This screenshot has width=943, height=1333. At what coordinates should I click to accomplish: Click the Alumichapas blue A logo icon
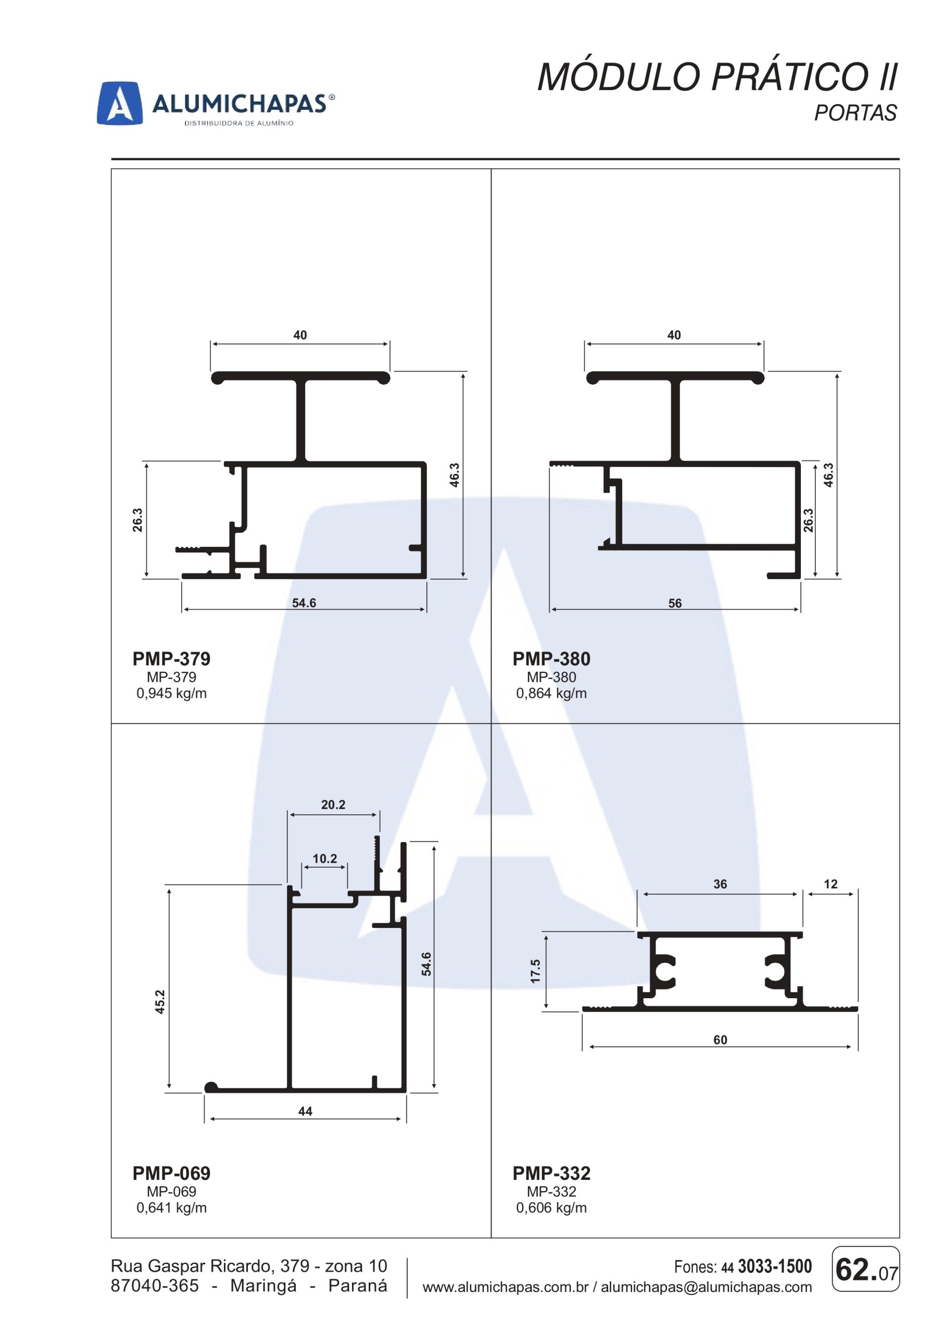tap(120, 103)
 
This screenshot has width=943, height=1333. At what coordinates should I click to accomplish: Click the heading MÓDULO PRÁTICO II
tap(718, 77)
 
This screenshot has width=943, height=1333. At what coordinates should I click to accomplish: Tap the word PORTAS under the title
tap(856, 112)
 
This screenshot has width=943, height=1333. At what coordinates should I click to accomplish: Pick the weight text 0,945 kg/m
tap(171, 693)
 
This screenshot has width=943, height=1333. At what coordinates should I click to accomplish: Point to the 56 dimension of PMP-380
tap(675, 603)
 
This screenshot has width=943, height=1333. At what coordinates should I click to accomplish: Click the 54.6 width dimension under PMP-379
tap(304, 602)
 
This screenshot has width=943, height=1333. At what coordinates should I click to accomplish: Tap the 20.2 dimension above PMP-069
tap(333, 804)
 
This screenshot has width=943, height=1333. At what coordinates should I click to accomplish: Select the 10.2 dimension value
tap(324, 859)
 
